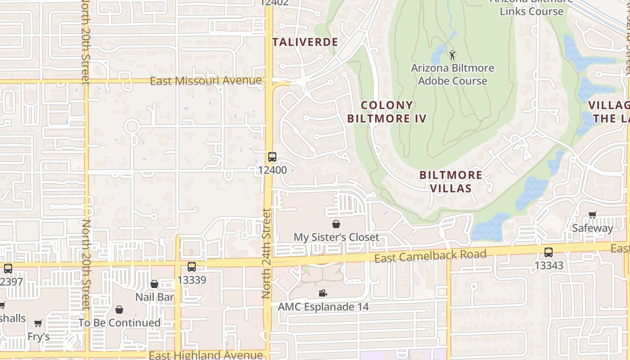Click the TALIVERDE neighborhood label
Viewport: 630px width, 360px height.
[x=305, y=42]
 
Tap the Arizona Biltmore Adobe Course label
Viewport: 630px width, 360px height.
[x=452, y=75]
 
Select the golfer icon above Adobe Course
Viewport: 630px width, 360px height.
[x=452, y=55]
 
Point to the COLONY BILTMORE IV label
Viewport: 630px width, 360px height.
[x=387, y=112]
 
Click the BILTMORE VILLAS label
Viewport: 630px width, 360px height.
[x=451, y=181]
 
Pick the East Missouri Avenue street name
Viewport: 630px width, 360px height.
[x=206, y=81]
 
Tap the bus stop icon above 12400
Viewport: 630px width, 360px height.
[x=272, y=157]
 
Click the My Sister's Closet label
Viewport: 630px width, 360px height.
[x=336, y=237]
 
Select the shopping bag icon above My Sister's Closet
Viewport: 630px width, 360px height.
[x=336, y=224]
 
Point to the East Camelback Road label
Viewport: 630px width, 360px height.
[x=431, y=256]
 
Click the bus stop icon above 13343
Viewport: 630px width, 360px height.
[x=548, y=252]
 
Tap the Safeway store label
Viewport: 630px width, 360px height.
[x=592, y=228]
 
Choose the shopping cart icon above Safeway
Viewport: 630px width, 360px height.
[x=592, y=215]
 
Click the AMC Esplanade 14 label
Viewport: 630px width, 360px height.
[x=323, y=307]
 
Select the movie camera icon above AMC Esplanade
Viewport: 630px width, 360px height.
[x=323, y=293]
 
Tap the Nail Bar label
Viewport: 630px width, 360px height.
[x=154, y=297]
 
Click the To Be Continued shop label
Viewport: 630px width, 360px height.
[x=119, y=323]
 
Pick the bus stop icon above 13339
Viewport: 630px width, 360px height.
[x=192, y=267]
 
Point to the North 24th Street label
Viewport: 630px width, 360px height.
[x=266, y=253]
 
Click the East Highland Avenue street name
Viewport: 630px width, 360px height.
[x=206, y=355]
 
